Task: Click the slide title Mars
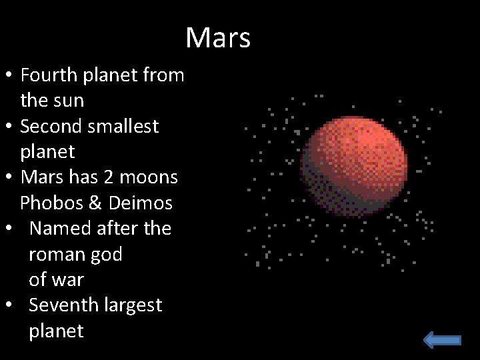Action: point(218,38)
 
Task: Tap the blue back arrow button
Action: point(442,340)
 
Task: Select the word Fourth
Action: point(49,75)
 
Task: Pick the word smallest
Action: point(123,126)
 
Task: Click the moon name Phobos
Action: point(49,203)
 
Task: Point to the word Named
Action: point(61,229)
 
